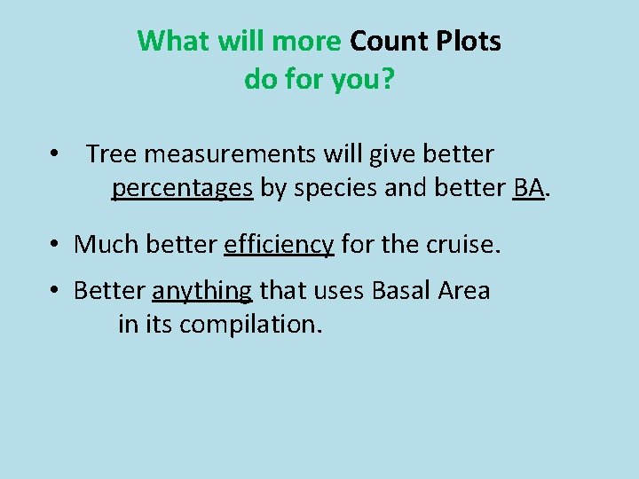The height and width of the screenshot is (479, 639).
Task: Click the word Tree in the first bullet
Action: point(111,154)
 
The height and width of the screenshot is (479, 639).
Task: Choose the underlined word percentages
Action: point(182,188)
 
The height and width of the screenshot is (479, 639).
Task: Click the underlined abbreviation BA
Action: point(528,188)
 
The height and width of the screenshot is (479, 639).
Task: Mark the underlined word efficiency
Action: point(279,243)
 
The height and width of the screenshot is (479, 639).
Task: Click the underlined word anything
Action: point(202,290)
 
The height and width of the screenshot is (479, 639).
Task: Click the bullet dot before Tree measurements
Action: point(55,154)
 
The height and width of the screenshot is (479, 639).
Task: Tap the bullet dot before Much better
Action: point(55,243)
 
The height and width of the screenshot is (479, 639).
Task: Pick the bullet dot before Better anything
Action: point(55,290)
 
